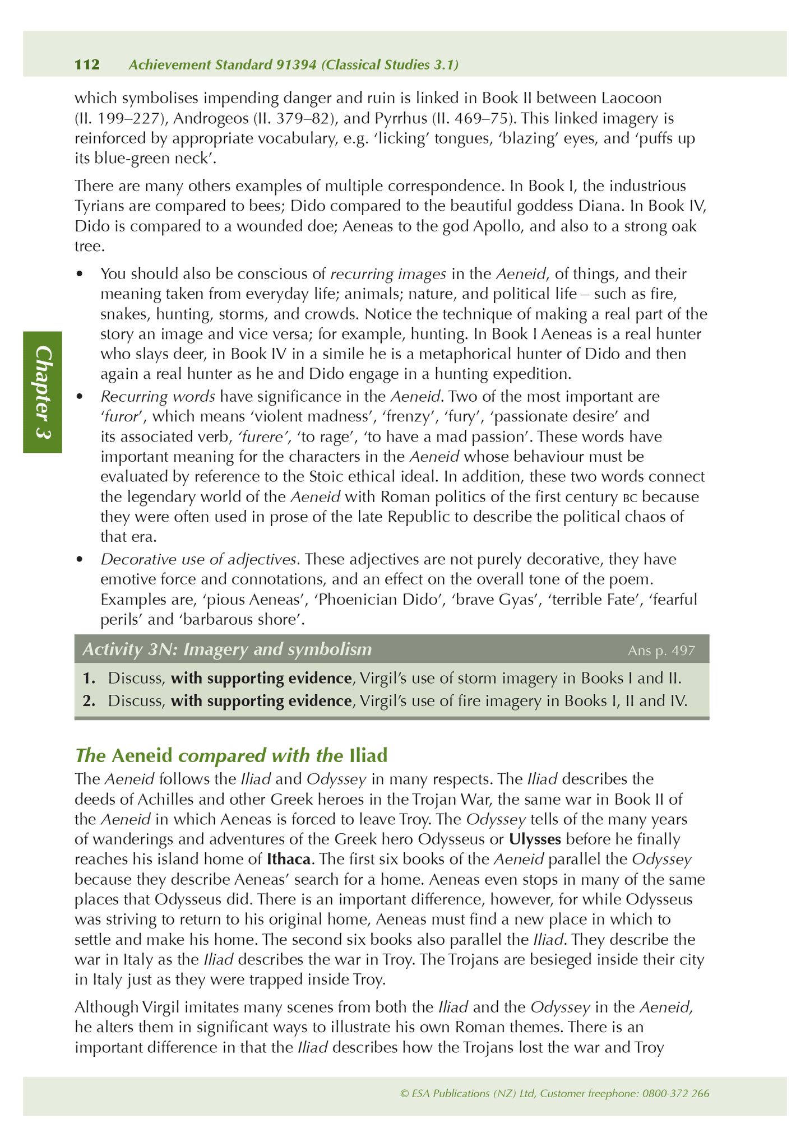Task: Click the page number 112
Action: [x=87, y=65]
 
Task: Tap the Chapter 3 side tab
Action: [x=43, y=392]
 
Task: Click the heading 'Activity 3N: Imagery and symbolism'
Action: [x=227, y=649]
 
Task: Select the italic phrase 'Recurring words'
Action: [x=158, y=397]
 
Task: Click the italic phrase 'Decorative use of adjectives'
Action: [x=198, y=559]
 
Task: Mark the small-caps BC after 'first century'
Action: [x=631, y=498]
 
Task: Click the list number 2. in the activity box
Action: [x=89, y=701]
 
